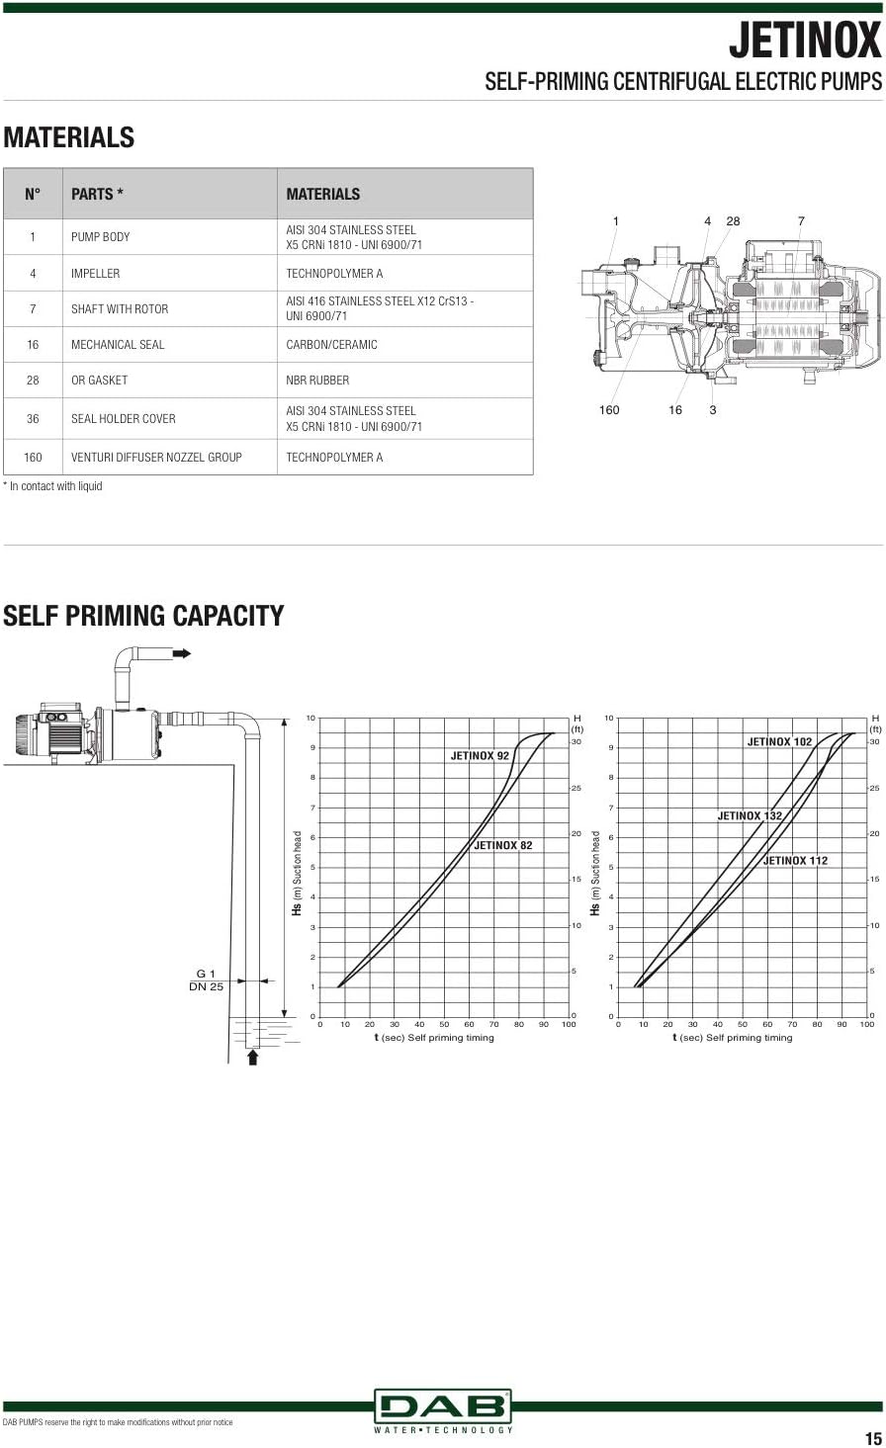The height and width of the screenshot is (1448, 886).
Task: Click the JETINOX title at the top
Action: pyautogui.click(x=805, y=41)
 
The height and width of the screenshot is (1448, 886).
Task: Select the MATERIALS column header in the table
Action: pyautogui.click(x=322, y=194)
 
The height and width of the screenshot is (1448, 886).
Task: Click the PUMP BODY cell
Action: pyautogui.click(x=100, y=237)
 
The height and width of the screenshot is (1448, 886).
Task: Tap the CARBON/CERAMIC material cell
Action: pyautogui.click(x=331, y=345)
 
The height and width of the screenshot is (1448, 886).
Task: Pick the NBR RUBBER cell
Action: pyautogui.click(x=317, y=381)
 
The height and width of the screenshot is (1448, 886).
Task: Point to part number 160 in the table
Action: pyautogui.click(x=33, y=458)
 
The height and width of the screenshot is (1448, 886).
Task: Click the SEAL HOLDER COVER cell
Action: pyautogui.click(x=123, y=419)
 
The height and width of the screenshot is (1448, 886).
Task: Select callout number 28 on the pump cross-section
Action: pyautogui.click(x=733, y=221)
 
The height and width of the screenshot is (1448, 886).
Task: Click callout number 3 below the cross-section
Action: pyautogui.click(x=713, y=410)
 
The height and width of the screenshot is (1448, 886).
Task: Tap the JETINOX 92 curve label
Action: pyautogui.click(x=480, y=756)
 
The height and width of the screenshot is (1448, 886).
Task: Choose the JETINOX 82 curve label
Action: pyautogui.click(x=503, y=845)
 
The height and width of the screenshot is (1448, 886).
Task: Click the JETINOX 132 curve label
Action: pyautogui.click(x=750, y=815)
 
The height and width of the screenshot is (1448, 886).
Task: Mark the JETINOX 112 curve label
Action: pyautogui.click(x=795, y=860)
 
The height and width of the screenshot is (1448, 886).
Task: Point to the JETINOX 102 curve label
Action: pyautogui.click(x=779, y=741)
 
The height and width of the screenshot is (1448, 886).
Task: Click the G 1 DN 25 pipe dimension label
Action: pyautogui.click(x=207, y=980)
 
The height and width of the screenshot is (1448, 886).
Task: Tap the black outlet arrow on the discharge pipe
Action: pyautogui.click(x=182, y=653)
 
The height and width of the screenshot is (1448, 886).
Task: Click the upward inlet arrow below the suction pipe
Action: pyautogui.click(x=253, y=1057)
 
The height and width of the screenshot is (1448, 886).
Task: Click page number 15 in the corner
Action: pyautogui.click(x=873, y=1438)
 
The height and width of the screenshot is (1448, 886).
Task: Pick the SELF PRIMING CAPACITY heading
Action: pyautogui.click(x=143, y=616)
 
